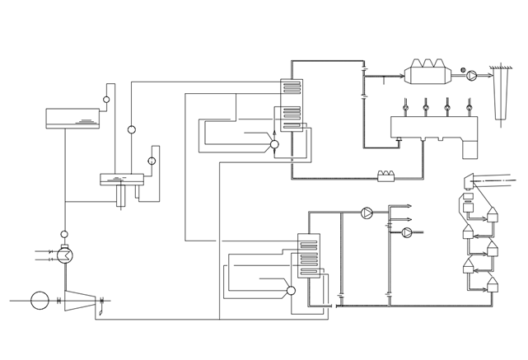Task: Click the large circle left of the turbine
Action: click(x=40, y=301)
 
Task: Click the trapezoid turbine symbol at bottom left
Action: click(x=80, y=301)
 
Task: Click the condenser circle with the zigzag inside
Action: click(x=65, y=255)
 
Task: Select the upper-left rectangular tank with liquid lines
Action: click(x=72, y=119)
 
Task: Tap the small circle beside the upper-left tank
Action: click(x=106, y=100)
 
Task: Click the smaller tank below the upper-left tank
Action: click(x=122, y=179)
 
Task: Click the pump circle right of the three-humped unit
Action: click(x=471, y=75)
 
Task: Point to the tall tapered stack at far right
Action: click(x=499, y=95)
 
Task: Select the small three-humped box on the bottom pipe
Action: click(x=386, y=175)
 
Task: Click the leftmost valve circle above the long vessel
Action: click(x=405, y=107)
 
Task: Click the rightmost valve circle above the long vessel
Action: click(x=469, y=107)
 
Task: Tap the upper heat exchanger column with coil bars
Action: click(x=292, y=105)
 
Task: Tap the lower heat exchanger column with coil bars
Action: click(x=309, y=255)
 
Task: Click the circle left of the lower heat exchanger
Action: click(x=291, y=290)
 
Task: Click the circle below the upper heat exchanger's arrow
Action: click(x=274, y=144)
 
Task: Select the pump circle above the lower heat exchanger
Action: click(x=367, y=213)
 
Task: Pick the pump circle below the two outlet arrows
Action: click(x=407, y=232)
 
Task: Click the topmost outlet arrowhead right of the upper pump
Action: click(x=409, y=206)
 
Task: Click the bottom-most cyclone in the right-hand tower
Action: click(x=493, y=284)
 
